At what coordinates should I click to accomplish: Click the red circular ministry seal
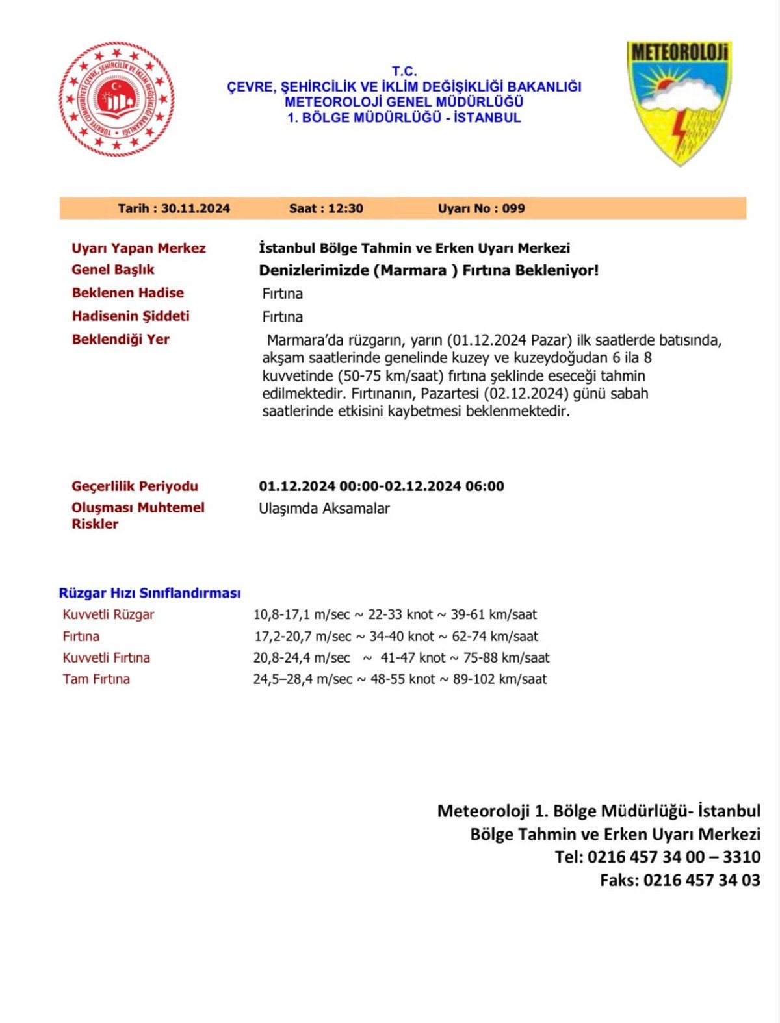pos(117,99)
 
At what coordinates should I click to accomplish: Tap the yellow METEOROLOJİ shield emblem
pos(679,101)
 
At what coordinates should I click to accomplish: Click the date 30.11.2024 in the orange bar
pos(195,208)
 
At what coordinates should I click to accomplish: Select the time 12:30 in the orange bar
pos(345,208)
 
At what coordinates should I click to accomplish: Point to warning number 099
pos(513,208)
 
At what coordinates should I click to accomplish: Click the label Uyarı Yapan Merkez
pos(138,248)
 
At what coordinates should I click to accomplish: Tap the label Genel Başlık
pos(113,270)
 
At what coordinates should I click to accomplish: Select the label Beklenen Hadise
pos(127,293)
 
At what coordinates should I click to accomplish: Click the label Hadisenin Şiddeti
pos(131,316)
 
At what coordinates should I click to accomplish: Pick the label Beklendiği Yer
pos(120,339)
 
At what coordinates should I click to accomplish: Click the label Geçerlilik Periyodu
pos(135,486)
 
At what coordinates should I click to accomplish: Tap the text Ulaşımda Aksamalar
pos(324,509)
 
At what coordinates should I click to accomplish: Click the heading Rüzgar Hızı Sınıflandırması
pos(149,593)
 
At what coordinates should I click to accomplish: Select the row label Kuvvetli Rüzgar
pos(109,614)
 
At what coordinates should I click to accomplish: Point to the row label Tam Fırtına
pos(96,679)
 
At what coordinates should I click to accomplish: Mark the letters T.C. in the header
pos(404,71)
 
